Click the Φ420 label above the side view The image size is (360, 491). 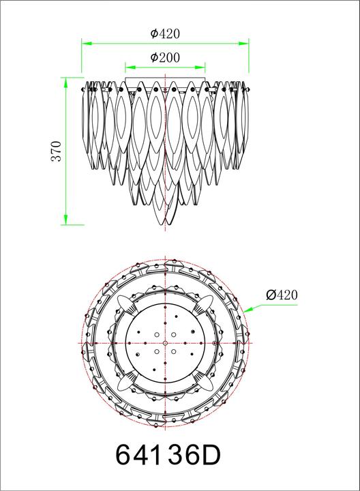click(165, 33)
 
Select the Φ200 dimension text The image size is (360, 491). click(165, 57)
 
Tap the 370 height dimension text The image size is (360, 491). click(57, 151)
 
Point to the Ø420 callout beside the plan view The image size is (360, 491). click(282, 295)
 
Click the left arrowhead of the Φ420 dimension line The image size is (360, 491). click(86, 43)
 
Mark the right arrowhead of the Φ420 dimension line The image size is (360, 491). click(244, 43)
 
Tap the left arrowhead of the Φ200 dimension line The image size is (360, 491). click(130, 67)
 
